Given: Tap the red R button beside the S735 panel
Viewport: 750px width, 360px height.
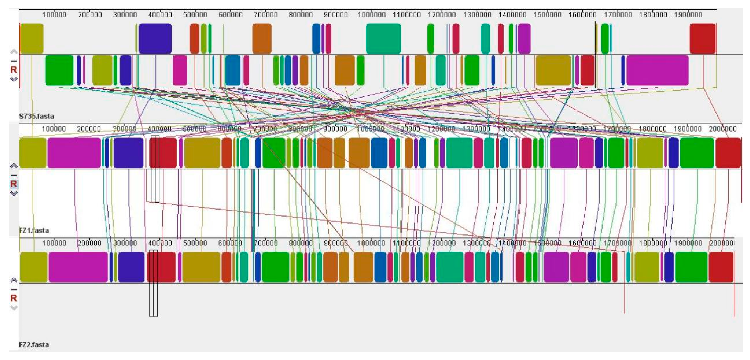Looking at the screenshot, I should (x=14, y=70).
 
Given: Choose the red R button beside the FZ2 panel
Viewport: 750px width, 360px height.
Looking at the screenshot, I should (x=14, y=298).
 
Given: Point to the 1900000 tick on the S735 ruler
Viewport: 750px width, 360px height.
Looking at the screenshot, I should (x=688, y=15).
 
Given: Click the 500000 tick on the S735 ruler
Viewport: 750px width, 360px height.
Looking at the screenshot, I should (x=195, y=15).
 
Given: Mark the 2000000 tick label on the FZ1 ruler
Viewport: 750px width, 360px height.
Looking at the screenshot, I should (x=723, y=129).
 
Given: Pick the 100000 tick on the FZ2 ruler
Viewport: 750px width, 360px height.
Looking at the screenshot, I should (x=54, y=243).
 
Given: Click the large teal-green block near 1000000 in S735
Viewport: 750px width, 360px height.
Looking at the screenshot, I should (x=383, y=39).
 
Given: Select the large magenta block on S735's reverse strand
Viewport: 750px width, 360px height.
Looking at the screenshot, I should (x=657, y=70).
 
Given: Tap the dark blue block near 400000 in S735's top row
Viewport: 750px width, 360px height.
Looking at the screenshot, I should (x=155, y=39).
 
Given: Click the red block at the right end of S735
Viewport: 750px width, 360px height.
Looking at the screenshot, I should (x=703, y=39).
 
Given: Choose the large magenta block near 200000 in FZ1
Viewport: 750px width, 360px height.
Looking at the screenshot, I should (x=74, y=153).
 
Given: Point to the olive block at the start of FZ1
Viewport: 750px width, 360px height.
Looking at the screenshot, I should (x=33, y=153).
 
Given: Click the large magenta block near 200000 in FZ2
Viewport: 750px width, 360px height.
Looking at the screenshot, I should (x=78, y=267).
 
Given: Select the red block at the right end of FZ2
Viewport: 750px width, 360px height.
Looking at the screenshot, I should (x=721, y=267).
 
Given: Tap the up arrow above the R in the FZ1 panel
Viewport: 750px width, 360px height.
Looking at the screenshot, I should (x=14, y=166).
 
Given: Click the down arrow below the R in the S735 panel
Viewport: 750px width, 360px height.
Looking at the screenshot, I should (x=14, y=79).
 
